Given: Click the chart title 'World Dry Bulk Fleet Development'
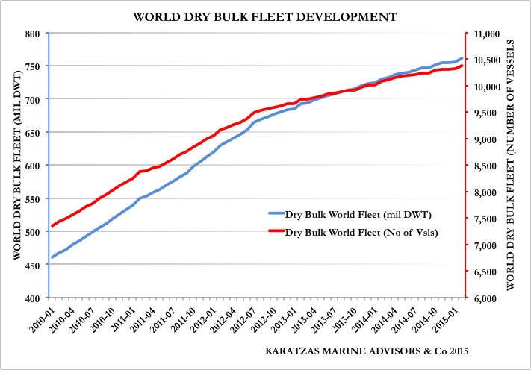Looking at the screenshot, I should click(x=266, y=15).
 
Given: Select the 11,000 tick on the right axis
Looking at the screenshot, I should click(x=486, y=34).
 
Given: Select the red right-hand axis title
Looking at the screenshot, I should click(x=519, y=166).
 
